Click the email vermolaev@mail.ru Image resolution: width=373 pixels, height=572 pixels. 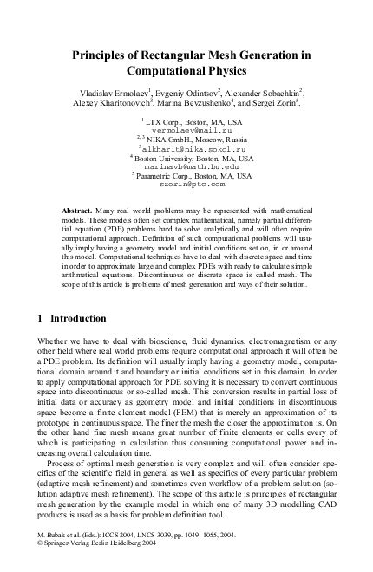[193, 128]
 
